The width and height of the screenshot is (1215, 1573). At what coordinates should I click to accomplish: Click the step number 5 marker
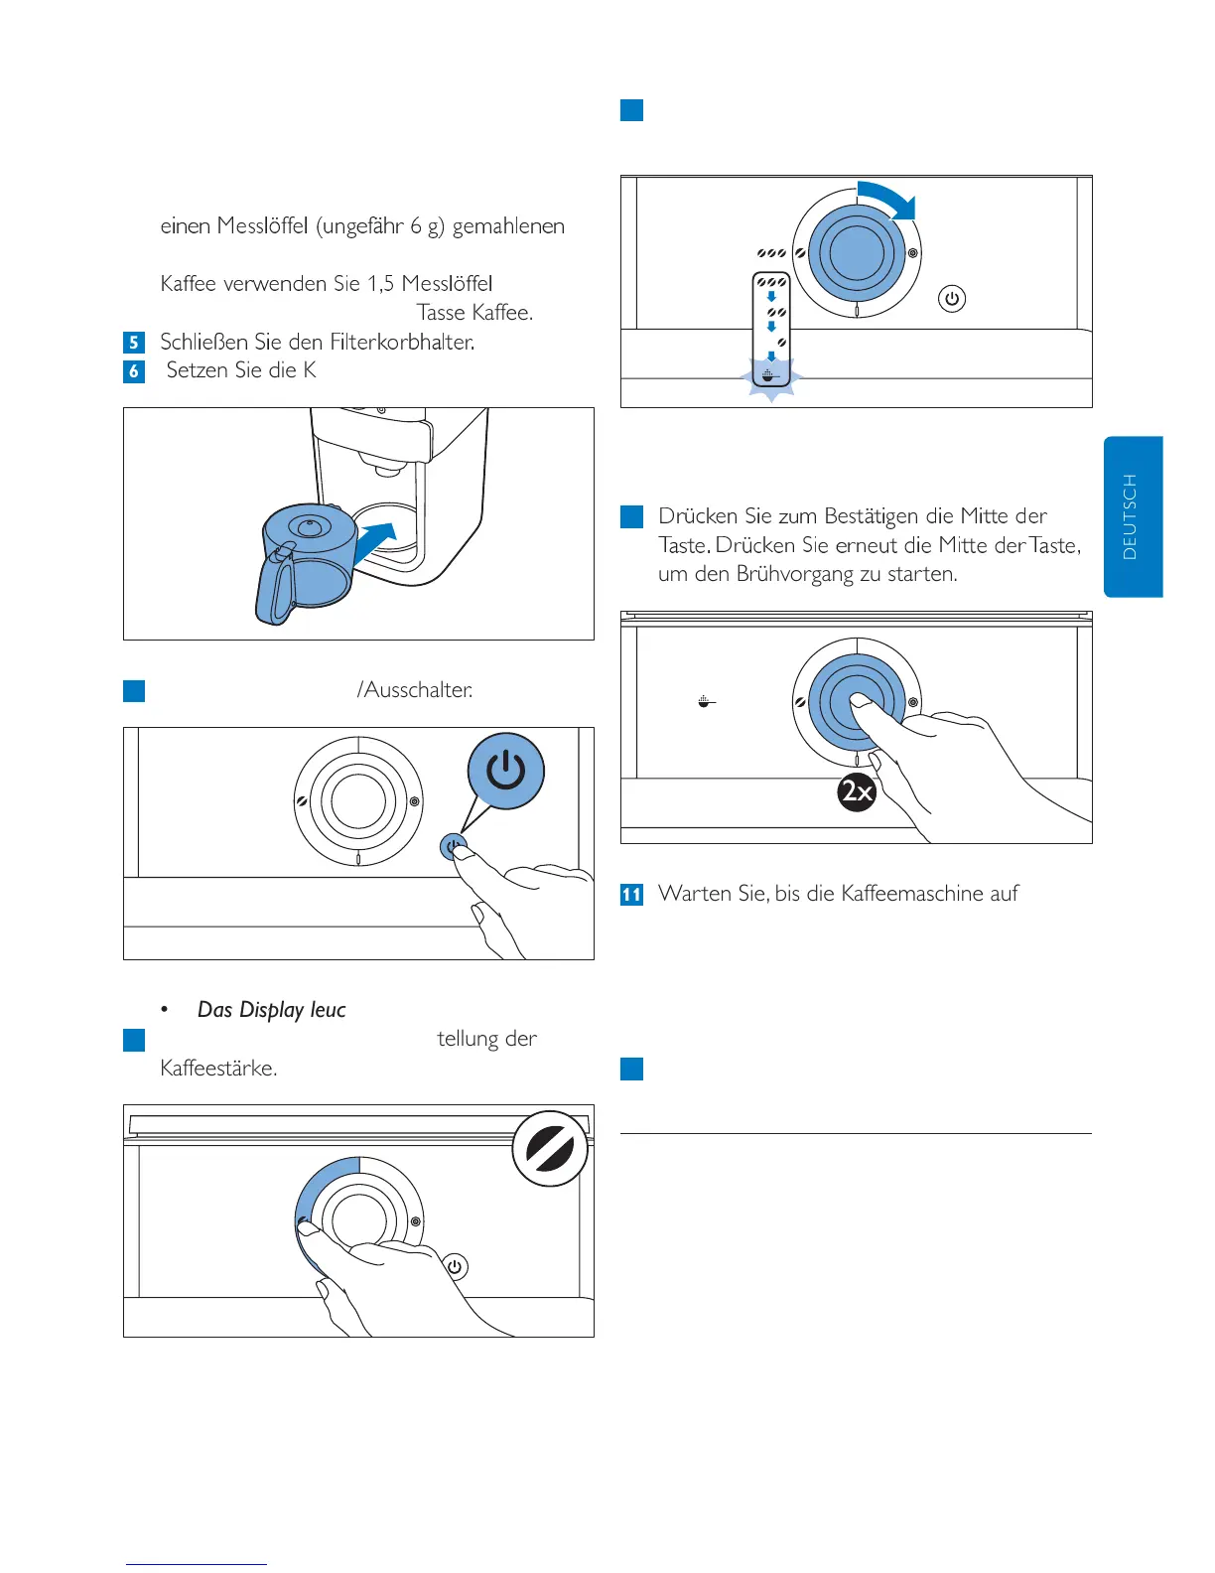tap(134, 343)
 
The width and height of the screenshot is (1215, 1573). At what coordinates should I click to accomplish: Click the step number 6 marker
tap(134, 371)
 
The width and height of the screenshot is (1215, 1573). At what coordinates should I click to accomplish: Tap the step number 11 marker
tap(631, 894)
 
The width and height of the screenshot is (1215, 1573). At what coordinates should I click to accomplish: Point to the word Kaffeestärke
tap(218, 1069)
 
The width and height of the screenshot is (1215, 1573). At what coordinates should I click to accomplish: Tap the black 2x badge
tap(857, 791)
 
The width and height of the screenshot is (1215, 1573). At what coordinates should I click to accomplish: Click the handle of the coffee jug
tap(273, 586)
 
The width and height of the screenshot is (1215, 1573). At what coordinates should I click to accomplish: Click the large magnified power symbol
tap(506, 771)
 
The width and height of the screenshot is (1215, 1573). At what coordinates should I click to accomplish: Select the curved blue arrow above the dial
tap(888, 199)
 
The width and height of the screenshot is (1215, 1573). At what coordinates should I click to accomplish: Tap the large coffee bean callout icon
tap(551, 1149)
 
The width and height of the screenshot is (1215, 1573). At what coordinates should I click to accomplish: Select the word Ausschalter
tap(418, 690)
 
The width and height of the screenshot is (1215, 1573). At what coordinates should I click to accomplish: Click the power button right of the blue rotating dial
tap(952, 298)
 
